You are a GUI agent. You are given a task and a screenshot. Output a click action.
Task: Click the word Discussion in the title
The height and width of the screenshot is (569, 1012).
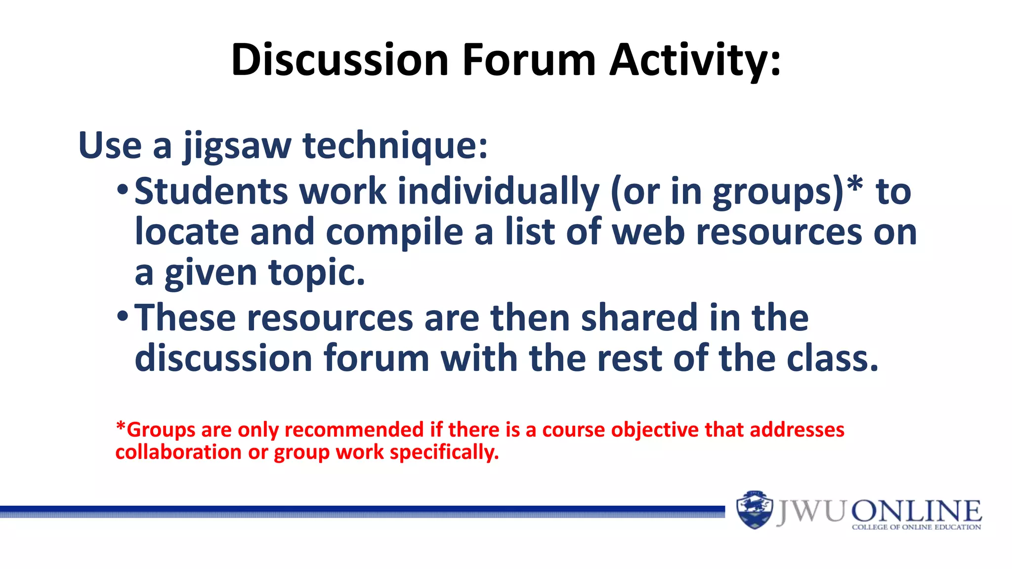click(340, 60)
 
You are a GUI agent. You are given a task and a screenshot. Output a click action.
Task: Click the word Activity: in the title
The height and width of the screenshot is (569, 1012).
click(695, 60)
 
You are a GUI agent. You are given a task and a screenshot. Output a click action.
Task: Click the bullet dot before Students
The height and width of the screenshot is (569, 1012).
click(123, 190)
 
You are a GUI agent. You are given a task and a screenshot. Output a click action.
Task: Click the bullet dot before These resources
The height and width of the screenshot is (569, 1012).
click(123, 316)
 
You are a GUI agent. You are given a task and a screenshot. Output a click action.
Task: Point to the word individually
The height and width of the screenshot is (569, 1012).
click(499, 192)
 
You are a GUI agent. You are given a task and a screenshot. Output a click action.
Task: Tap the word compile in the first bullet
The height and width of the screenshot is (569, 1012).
click(394, 233)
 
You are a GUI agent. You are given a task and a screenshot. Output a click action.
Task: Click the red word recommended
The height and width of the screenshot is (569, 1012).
click(354, 430)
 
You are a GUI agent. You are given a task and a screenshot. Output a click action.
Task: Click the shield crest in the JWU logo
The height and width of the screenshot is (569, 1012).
click(754, 510)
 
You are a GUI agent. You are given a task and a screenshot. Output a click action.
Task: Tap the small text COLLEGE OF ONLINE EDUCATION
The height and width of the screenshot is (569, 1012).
click(916, 528)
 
